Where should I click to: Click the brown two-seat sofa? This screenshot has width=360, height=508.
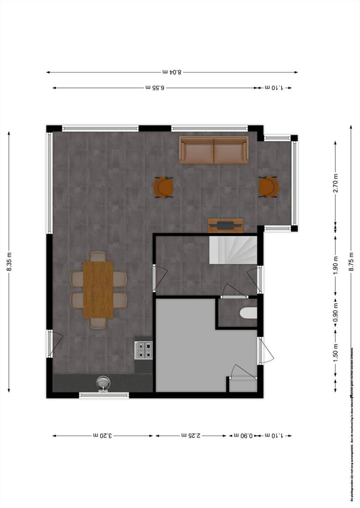[213, 150]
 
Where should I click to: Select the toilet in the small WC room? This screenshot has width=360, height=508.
[249, 313]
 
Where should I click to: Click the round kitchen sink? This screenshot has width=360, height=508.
[103, 383]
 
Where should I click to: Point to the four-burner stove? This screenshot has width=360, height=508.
[143, 350]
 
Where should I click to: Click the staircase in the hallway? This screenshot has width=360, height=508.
[232, 250]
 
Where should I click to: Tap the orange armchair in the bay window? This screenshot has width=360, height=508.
[268, 187]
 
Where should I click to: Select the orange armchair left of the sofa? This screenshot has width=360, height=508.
[163, 187]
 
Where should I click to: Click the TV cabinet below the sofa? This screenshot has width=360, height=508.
[225, 225]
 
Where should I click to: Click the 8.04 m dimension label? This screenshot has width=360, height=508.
[172, 72]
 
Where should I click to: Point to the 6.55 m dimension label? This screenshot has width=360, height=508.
[155, 88]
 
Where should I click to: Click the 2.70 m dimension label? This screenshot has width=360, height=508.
[335, 183]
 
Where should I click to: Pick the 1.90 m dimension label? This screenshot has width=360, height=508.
[335, 264]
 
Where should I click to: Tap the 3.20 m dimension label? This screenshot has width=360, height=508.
[102, 436]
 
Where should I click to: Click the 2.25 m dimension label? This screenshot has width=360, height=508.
[191, 436]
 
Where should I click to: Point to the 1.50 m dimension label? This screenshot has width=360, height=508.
[335, 352]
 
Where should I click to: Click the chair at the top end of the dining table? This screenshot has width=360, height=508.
[98, 256]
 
